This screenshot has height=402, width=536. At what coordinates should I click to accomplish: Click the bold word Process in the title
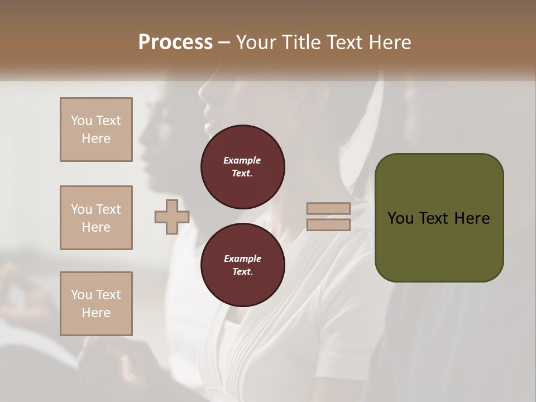click(x=175, y=42)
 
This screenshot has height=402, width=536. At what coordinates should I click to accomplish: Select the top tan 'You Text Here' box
click(x=96, y=130)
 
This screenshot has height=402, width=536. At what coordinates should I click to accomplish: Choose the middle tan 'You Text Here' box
click(x=96, y=218)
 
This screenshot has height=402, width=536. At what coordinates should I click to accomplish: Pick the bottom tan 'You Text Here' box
click(x=96, y=304)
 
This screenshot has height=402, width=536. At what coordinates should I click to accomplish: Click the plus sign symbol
click(x=172, y=217)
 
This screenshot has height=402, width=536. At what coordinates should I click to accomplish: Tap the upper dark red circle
click(x=242, y=167)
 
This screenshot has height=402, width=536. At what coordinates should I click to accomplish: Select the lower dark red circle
click(x=242, y=265)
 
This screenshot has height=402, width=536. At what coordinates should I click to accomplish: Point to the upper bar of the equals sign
click(x=328, y=209)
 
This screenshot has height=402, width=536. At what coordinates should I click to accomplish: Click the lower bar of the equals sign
click(x=328, y=225)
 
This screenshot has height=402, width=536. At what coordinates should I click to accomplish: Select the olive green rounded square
click(x=439, y=218)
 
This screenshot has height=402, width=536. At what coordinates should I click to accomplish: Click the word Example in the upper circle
click(x=242, y=160)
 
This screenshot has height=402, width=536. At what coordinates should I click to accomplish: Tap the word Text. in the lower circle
click(x=242, y=272)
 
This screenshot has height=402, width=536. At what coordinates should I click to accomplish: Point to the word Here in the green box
click(x=471, y=218)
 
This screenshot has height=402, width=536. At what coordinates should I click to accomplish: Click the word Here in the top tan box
click(x=96, y=138)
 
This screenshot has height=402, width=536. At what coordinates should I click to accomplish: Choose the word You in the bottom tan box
click(x=82, y=295)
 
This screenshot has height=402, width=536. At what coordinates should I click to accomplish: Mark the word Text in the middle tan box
click(x=108, y=209)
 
